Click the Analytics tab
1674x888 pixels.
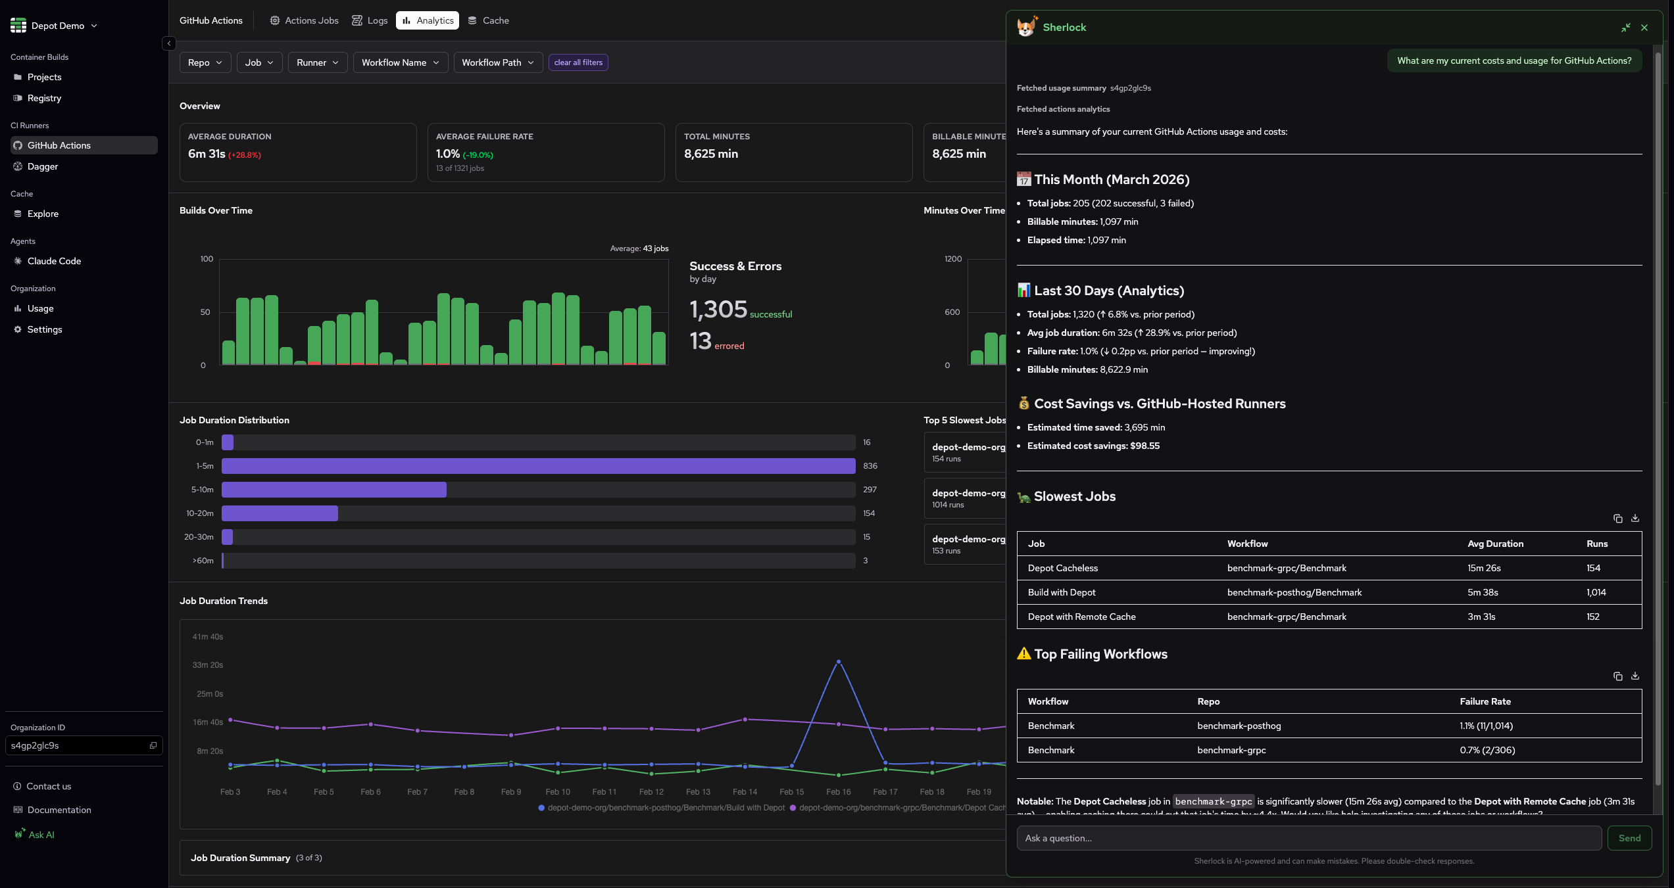click(x=428, y=20)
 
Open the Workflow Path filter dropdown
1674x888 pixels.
click(x=497, y=62)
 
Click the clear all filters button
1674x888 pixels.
click(x=578, y=62)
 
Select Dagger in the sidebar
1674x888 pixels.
click(x=43, y=166)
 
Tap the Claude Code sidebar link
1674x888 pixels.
click(x=54, y=261)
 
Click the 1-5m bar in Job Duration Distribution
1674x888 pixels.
click(x=537, y=466)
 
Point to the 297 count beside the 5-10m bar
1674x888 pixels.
click(x=870, y=490)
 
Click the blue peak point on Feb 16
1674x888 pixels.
click(x=838, y=662)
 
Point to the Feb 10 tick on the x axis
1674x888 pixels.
click(x=557, y=792)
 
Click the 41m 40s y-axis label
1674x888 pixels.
click(x=207, y=637)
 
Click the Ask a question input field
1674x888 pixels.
click(x=1308, y=838)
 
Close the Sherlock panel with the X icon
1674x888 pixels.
click(x=1644, y=28)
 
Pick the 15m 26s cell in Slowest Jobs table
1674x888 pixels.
click(x=1484, y=568)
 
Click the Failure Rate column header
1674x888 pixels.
click(x=1485, y=701)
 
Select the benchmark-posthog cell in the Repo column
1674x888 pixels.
click(x=1239, y=726)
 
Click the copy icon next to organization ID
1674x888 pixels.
click(x=153, y=745)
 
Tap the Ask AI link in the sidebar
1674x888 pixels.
click(x=41, y=835)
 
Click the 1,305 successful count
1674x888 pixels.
click(x=718, y=310)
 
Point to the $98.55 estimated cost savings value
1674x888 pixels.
click(x=1145, y=446)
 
